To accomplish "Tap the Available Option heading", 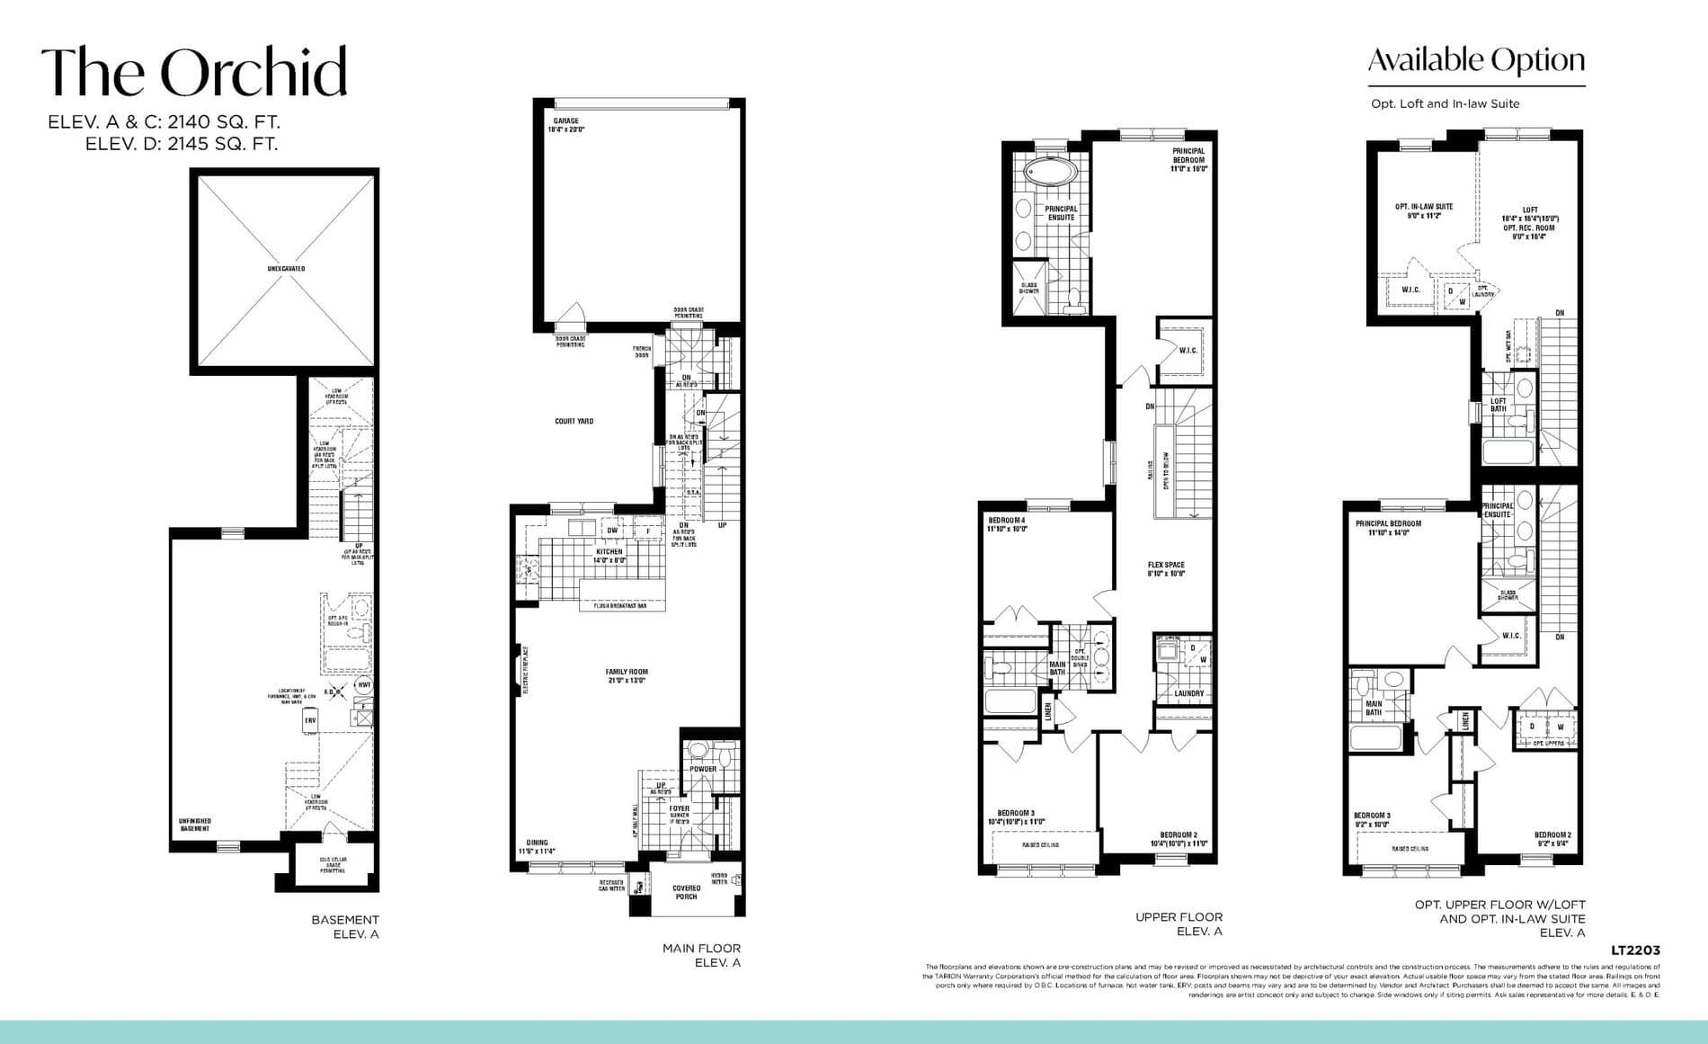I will click(1476, 61).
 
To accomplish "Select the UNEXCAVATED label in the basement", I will click(285, 269).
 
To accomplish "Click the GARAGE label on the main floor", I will click(566, 120).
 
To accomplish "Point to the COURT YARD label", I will click(574, 421).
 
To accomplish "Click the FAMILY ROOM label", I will click(627, 672).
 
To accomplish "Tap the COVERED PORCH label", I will click(686, 892).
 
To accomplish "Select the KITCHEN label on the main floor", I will click(609, 552).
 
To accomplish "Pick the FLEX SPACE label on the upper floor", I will click(1166, 566).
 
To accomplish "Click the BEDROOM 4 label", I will click(1006, 521).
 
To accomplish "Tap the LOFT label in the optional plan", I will click(1530, 210).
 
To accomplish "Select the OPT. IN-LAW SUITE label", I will click(1424, 207).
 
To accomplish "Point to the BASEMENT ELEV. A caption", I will click(345, 926).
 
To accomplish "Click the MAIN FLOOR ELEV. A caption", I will click(701, 955).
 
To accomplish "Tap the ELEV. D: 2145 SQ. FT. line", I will click(182, 144).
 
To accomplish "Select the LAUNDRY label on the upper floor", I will click(1188, 693).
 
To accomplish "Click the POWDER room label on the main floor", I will click(703, 769).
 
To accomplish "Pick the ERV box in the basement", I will click(310, 720).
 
